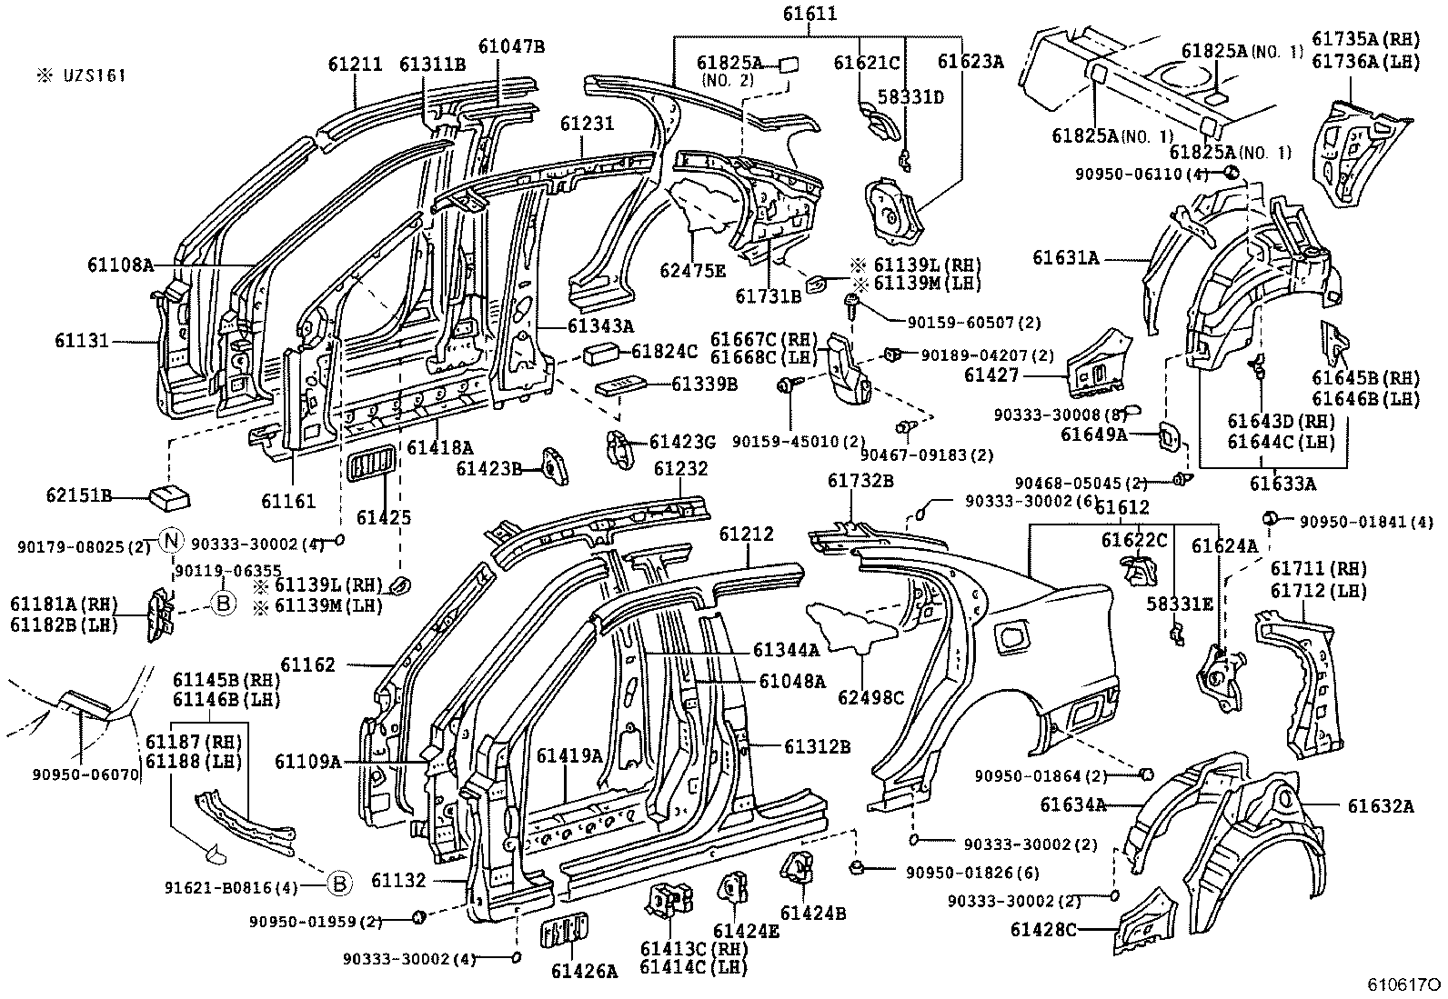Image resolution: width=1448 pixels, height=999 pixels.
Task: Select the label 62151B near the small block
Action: click(79, 496)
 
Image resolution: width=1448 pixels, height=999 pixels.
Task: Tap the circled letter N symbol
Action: click(171, 542)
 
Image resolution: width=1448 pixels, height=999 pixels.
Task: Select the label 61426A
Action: click(583, 971)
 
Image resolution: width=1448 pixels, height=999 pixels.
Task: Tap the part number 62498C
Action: click(871, 697)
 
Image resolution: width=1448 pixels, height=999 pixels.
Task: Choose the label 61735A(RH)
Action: click(1365, 39)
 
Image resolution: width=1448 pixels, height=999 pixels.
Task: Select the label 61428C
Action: click(1043, 929)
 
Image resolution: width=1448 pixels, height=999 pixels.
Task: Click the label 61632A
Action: click(1381, 805)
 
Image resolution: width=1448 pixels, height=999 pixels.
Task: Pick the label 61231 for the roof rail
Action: click(587, 124)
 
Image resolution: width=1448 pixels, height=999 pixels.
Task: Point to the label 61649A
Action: click(1093, 435)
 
